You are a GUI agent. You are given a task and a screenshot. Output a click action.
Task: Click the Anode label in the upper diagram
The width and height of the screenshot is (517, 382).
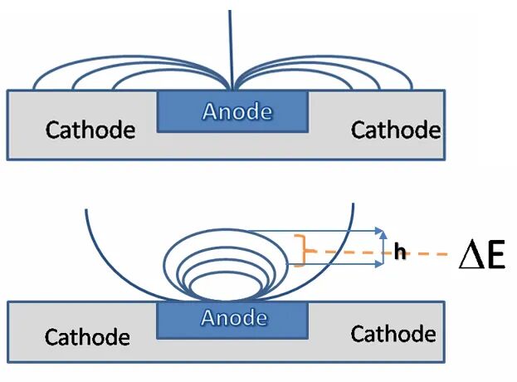tap(237, 111)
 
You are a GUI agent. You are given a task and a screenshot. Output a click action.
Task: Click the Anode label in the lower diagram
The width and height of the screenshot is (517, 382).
tap(234, 317)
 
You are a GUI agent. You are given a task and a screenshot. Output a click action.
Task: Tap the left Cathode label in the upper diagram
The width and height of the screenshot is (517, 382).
tap(90, 130)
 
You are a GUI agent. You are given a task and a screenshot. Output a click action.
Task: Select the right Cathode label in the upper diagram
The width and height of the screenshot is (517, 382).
tap(396, 130)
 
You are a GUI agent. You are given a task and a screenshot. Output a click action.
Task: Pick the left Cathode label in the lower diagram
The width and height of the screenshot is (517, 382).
tap(87, 337)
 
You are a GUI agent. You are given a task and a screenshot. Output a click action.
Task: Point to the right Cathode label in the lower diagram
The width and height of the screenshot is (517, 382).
tap(393, 334)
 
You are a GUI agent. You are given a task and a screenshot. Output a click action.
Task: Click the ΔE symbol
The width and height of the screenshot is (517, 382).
tap(482, 254)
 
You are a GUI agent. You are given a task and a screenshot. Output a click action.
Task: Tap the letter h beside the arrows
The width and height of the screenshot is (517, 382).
tap(400, 252)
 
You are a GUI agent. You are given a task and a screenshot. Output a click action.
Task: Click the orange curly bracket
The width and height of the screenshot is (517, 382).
tap(300, 251)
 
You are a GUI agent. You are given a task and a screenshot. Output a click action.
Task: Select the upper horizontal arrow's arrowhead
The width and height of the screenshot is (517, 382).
tap(381, 231)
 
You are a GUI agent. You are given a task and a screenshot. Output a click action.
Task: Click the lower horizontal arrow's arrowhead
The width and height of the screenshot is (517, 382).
tap(380, 264)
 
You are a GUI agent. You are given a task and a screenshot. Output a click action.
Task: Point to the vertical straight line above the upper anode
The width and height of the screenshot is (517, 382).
tap(232, 50)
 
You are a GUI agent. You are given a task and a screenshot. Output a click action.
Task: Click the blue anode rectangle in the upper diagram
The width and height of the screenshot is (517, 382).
tap(233, 112)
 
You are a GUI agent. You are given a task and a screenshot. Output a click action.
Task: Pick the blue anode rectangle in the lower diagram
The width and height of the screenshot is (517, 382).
tap(233, 321)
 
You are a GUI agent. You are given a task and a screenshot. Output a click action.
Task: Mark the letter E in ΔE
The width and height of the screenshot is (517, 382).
tap(495, 254)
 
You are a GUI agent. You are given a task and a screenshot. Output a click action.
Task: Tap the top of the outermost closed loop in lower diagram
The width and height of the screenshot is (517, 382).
tap(227, 229)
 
